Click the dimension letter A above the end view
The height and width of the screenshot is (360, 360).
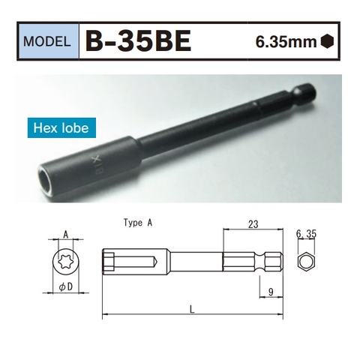[65, 234]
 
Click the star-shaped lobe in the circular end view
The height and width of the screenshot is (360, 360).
[65, 262]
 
